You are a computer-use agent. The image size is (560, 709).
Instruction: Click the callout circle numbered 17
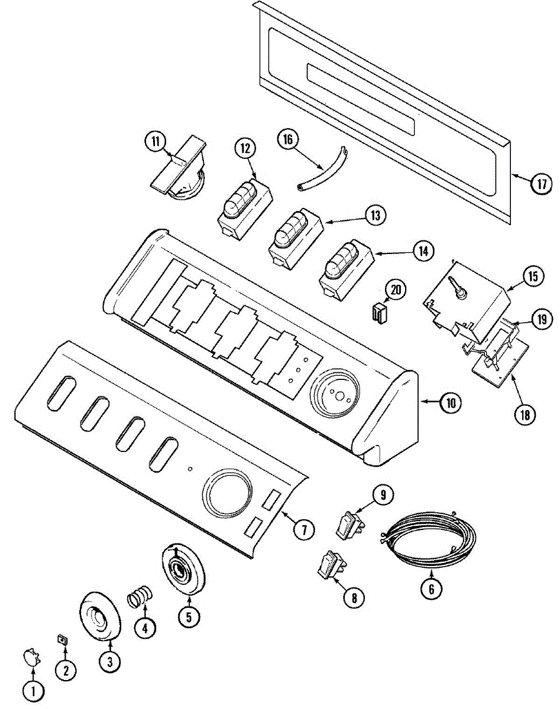pyautogui.click(x=541, y=184)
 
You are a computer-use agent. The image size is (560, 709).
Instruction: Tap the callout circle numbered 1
pyautogui.click(x=34, y=690)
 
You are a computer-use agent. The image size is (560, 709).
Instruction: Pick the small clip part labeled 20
pyautogui.click(x=378, y=313)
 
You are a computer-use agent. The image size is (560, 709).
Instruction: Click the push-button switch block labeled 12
pyautogui.click(x=243, y=208)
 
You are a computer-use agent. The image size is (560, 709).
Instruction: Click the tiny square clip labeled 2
pyautogui.click(x=61, y=639)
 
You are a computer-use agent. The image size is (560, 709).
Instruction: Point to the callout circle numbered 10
pyautogui.click(x=450, y=403)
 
